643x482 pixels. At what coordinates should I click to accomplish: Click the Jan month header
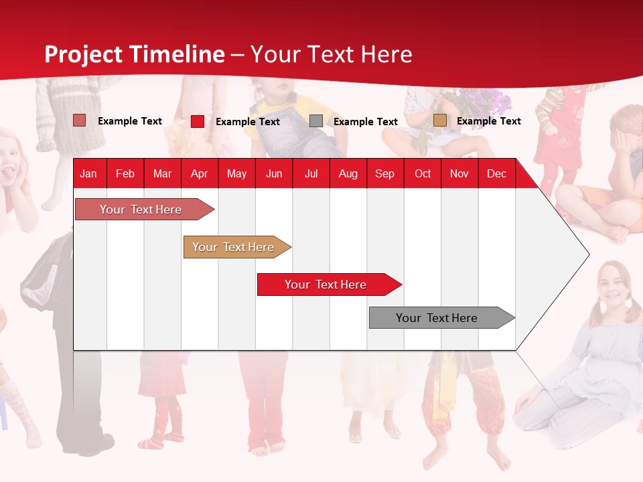[x=88, y=173]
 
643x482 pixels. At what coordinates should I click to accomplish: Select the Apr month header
[x=199, y=173]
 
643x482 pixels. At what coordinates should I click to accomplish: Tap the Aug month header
[x=348, y=173]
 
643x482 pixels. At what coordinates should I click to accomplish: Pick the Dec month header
[x=496, y=173]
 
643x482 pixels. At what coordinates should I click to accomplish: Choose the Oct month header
[x=422, y=173]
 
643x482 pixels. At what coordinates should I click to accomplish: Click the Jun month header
[x=273, y=173]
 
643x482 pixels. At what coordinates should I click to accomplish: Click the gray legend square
[x=316, y=121]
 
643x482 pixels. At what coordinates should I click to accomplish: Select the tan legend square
[x=439, y=120]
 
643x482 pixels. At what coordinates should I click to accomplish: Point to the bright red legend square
[x=198, y=121]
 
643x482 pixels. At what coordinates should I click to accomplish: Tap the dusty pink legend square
[x=80, y=120]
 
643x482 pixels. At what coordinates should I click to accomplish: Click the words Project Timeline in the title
[x=134, y=54]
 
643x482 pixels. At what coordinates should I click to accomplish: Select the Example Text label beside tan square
[x=488, y=120]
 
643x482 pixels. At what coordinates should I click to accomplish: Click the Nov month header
[x=459, y=173]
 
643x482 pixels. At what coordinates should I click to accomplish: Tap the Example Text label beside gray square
[x=365, y=121]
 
